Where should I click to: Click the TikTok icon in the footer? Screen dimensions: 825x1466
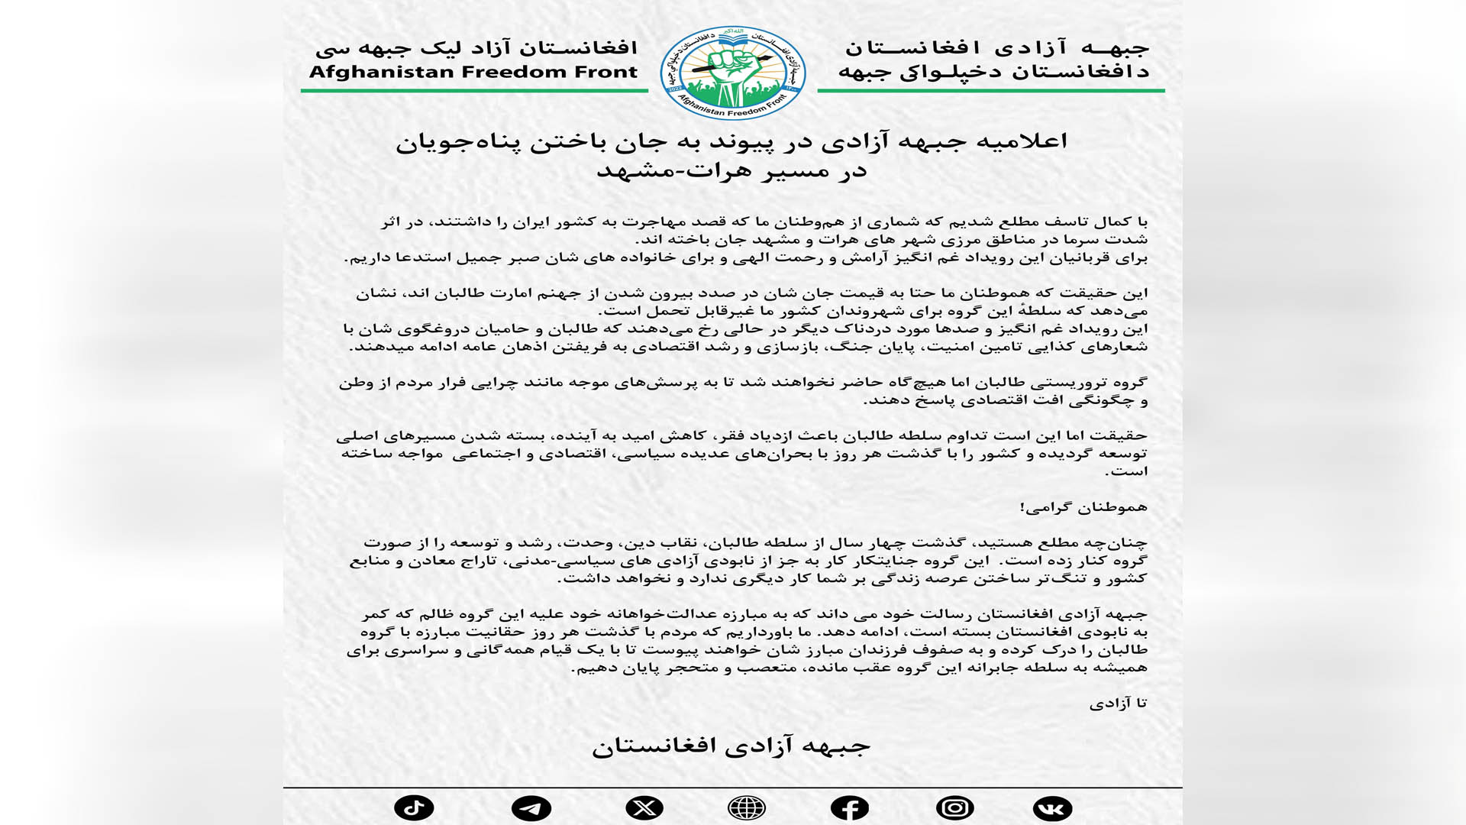click(x=414, y=807)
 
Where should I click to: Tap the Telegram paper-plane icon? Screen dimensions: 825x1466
click(x=531, y=807)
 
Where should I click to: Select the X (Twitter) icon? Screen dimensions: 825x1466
click(x=644, y=807)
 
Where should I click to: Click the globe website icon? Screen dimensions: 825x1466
click(x=747, y=807)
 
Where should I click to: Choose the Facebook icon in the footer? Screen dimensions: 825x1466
click(x=849, y=807)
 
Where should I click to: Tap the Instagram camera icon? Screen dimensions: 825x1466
click(x=954, y=807)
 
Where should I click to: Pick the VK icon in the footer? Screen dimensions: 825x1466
click(x=1052, y=807)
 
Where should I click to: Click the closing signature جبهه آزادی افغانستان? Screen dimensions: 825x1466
click(x=731, y=745)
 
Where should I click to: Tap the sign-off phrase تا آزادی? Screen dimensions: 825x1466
click(x=1118, y=704)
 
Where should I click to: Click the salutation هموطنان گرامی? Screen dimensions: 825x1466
click(x=1083, y=507)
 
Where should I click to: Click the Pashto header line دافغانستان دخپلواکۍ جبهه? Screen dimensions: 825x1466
click(x=993, y=73)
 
